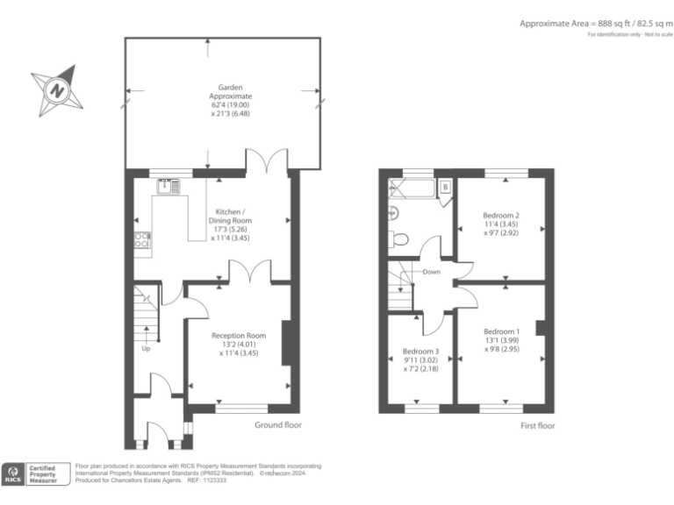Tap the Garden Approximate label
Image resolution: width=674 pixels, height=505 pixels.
tap(230, 101)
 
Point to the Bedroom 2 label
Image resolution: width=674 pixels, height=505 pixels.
tap(501, 224)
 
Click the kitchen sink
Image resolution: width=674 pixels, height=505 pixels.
tap(166, 186)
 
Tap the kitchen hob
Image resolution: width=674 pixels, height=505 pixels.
tap(141, 240)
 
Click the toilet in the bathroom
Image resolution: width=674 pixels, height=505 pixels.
tap(399, 239)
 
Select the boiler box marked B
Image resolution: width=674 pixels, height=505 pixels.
tap(445, 187)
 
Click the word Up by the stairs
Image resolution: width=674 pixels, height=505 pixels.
tap(146, 349)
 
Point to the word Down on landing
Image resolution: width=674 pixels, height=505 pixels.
tap(431, 272)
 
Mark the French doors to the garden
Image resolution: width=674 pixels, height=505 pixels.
tap(266, 163)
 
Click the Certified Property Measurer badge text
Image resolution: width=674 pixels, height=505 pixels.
tap(50, 473)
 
